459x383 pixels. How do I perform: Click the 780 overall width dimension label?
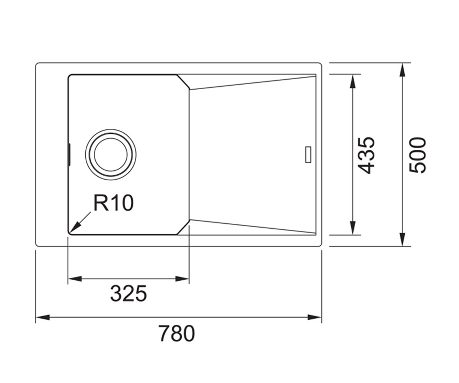click(x=176, y=333)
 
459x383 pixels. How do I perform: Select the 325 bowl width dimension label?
click(x=129, y=293)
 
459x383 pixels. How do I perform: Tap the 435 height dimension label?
click(x=366, y=155)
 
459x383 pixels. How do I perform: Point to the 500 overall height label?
click(x=417, y=155)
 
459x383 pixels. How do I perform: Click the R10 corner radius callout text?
click(x=114, y=203)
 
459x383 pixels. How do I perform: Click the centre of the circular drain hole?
click(x=111, y=154)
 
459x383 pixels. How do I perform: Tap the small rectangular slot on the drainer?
click(x=308, y=154)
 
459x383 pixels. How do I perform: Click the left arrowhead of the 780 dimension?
click(x=42, y=318)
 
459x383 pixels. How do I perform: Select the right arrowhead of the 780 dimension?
click(x=314, y=318)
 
